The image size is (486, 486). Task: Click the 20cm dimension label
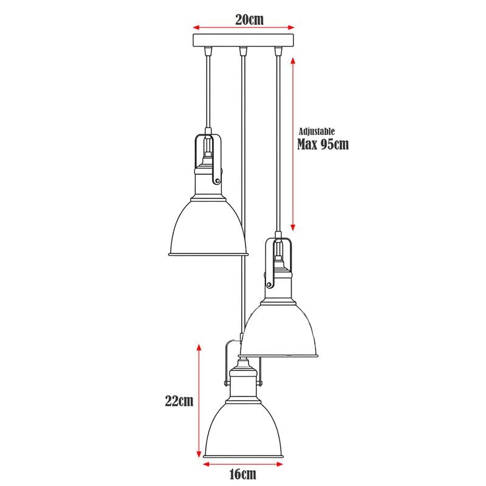click(x=249, y=19)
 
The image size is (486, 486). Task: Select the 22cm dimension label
click(x=179, y=400)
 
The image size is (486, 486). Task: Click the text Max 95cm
click(x=323, y=145)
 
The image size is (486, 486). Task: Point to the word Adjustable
click(x=317, y=131)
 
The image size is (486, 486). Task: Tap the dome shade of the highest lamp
click(x=207, y=228)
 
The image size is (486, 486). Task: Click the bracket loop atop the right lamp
click(x=279, y=258)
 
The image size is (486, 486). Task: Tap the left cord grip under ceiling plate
click(x=208, y=51)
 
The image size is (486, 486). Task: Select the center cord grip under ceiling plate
click(x=243, y=51)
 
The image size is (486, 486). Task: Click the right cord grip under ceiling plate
click(x=278, y=51)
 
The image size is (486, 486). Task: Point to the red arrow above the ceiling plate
click(x=243, y=27)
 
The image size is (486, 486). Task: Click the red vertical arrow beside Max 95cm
click(x=293, y=144)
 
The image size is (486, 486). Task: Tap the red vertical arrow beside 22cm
click(x=199, y=400)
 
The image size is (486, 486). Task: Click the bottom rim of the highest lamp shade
click(x=207, y=253)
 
